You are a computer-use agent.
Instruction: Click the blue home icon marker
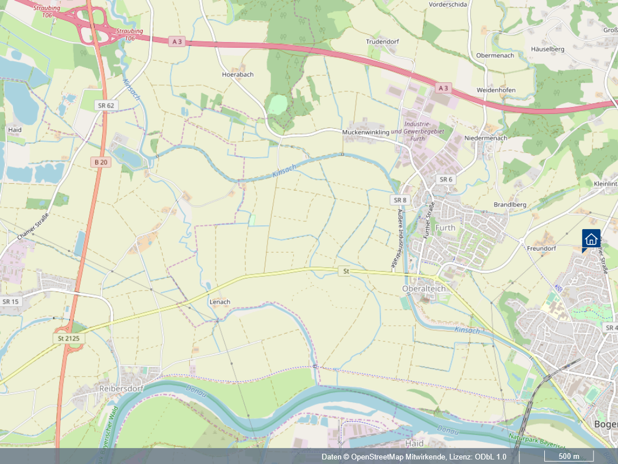coord(591,239)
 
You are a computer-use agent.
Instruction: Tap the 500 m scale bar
coord(569,457)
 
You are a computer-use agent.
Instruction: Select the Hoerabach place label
coord(238,74)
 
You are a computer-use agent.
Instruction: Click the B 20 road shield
coord(101,162)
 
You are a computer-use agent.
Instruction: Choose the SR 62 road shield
coord(105,106)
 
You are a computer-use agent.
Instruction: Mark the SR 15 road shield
coord(11,301)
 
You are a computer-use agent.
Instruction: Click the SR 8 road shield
coord(400,200)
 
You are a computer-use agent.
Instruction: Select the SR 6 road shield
coord(446,179)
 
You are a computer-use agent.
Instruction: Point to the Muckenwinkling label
coord(366,132)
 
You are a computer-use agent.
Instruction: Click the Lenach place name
coord(219,302)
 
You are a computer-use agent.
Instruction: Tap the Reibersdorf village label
coord(121,389)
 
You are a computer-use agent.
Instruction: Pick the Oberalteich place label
coord(423,288)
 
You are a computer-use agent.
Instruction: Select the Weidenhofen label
coord(496,90)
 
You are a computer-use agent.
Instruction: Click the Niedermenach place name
coord(485,138)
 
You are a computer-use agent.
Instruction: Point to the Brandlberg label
coord(510,205)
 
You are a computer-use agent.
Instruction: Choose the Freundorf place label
coord(541,248)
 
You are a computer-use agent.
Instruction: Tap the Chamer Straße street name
coord(33,225)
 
